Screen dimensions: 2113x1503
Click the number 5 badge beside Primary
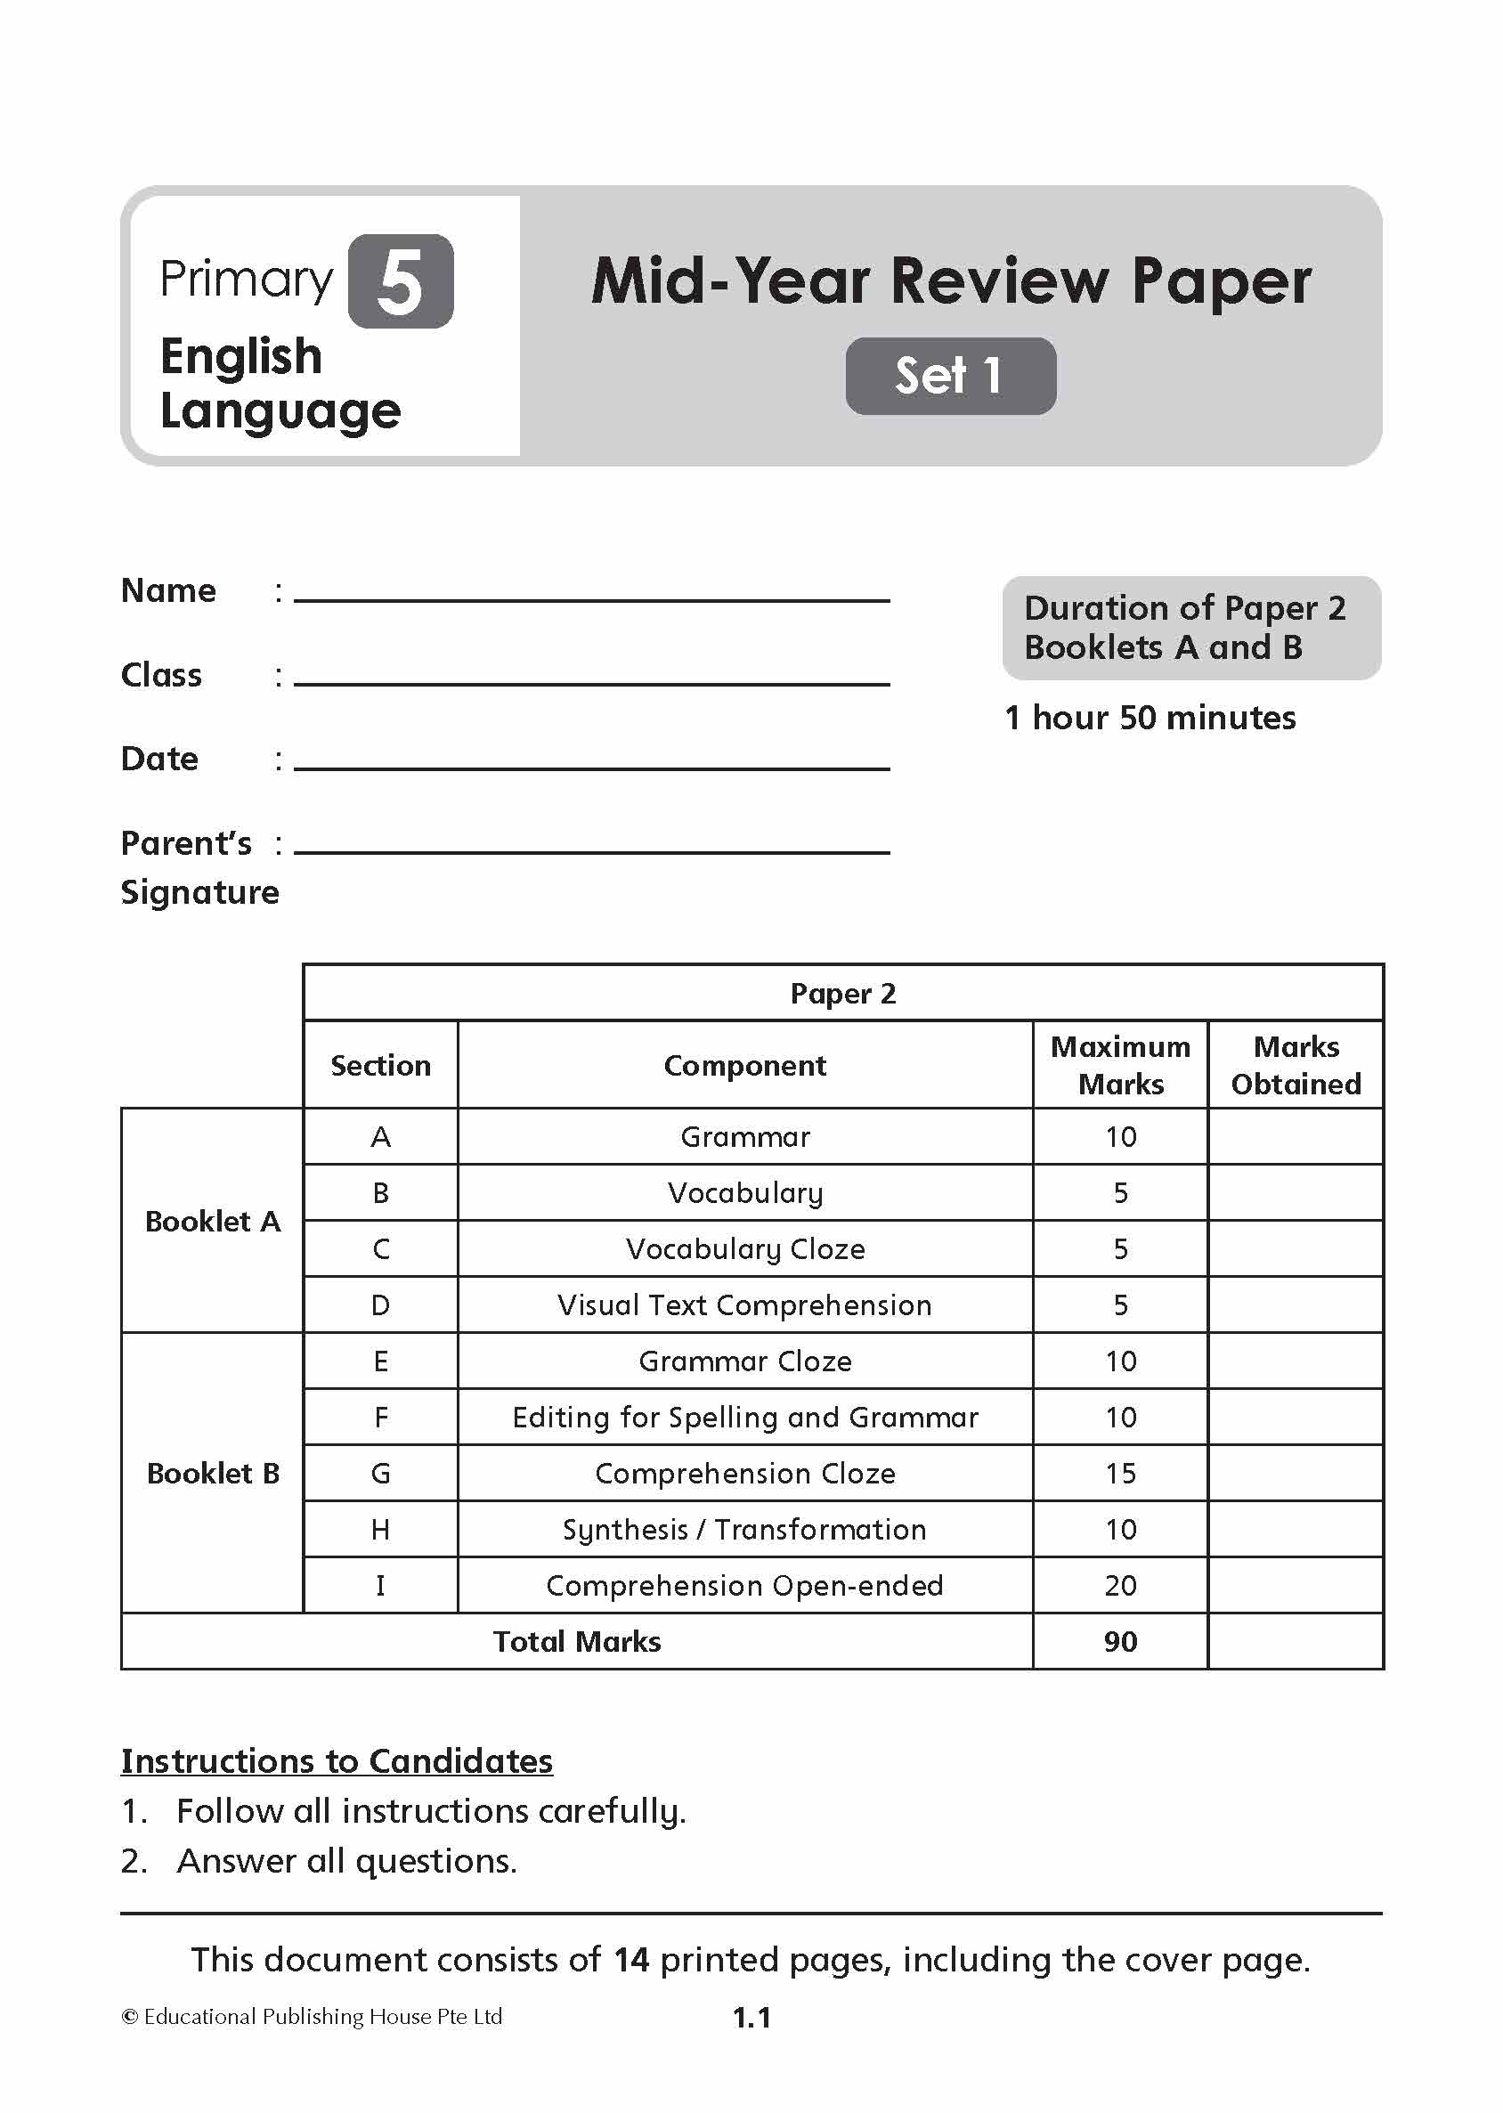(x=400, y=281)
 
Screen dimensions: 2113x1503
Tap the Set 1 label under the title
(x=949, y=376)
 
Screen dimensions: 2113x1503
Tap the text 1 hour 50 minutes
(x=1150, y=719)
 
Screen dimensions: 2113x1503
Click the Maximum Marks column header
(x=1120, y=1065)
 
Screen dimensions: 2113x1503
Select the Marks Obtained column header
(x=1295, y=1065)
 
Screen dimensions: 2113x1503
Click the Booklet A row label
(x=213, y=1221)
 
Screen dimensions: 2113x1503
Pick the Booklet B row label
(x=213, y=1474)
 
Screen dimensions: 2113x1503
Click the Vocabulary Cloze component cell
(x=745, y=1249)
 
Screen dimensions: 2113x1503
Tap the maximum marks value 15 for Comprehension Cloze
(x=1120, y=1474)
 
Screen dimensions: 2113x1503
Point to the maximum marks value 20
(x=1120, y=1586)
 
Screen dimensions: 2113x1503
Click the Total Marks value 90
(x=1120, y=1642)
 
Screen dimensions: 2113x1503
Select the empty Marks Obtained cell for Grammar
(x=1295, y=1136)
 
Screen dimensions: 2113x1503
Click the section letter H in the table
(x=380, y=1530)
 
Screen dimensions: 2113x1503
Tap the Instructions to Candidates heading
(x=337, y=1760)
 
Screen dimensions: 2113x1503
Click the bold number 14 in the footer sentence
(x=631, y=1960)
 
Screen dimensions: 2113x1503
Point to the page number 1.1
(x=751, y=2018)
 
